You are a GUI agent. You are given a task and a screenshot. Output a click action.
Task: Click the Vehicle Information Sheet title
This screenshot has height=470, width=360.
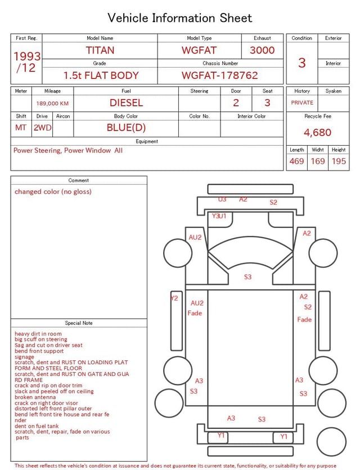point(180,17)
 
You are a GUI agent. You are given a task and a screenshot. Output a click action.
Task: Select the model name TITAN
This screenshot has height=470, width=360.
point(100,50)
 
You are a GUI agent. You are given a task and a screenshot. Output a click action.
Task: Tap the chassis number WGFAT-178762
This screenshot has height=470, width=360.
point(219,75)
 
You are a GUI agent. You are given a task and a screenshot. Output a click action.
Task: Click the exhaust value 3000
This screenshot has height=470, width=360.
point(262,50)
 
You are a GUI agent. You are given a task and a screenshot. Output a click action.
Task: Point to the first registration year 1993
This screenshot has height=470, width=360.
point(27,57)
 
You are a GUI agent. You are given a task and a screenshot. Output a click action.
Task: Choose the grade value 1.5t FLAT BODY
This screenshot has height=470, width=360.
point(101,75)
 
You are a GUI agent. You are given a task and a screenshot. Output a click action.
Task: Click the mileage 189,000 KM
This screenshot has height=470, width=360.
point(52,104)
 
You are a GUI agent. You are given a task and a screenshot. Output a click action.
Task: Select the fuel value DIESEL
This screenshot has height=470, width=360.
point(126,102)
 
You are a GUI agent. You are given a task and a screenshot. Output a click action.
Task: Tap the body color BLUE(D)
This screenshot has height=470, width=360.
point(126,127)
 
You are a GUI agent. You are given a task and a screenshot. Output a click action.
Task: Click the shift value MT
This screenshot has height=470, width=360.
point(21,127)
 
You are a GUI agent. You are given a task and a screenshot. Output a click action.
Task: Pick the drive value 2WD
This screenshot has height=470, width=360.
point(42,127)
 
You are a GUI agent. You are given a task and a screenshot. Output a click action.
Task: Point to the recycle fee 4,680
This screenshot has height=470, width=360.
point(318,132)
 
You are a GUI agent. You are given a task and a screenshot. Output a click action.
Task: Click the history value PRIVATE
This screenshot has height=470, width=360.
point(302,103)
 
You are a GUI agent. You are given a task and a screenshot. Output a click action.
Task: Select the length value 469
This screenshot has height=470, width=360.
point(296,161)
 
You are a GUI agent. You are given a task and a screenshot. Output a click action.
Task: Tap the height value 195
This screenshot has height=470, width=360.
point(339,161)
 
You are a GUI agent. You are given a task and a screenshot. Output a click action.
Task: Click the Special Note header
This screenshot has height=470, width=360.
point(79,323)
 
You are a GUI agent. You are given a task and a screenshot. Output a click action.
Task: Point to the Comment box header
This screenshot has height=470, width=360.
point(79,181)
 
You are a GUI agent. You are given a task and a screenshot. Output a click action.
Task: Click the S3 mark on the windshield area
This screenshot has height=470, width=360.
point(248,277)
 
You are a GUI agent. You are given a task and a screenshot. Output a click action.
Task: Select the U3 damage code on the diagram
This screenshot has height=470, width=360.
point(222,199)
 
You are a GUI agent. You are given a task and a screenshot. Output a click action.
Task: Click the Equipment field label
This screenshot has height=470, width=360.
point(147,141)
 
